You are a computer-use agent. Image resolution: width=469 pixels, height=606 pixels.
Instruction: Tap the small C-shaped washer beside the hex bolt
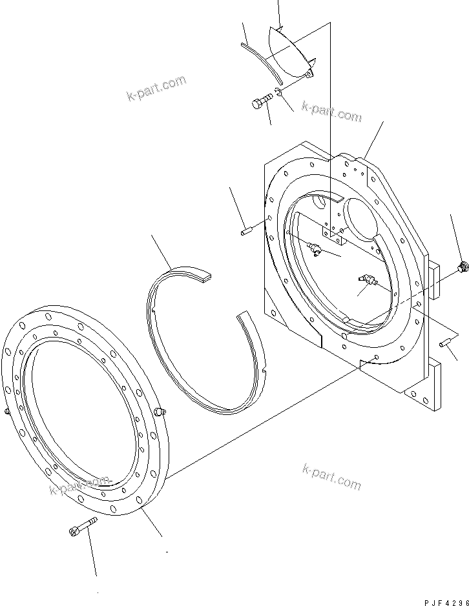pos(278,92)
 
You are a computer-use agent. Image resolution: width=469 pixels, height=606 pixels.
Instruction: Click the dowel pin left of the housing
pos(246,232)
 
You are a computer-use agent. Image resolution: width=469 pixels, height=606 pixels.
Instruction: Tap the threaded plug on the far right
pos(462,267)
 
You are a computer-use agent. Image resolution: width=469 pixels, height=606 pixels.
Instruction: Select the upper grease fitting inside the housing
pos(314,249)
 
